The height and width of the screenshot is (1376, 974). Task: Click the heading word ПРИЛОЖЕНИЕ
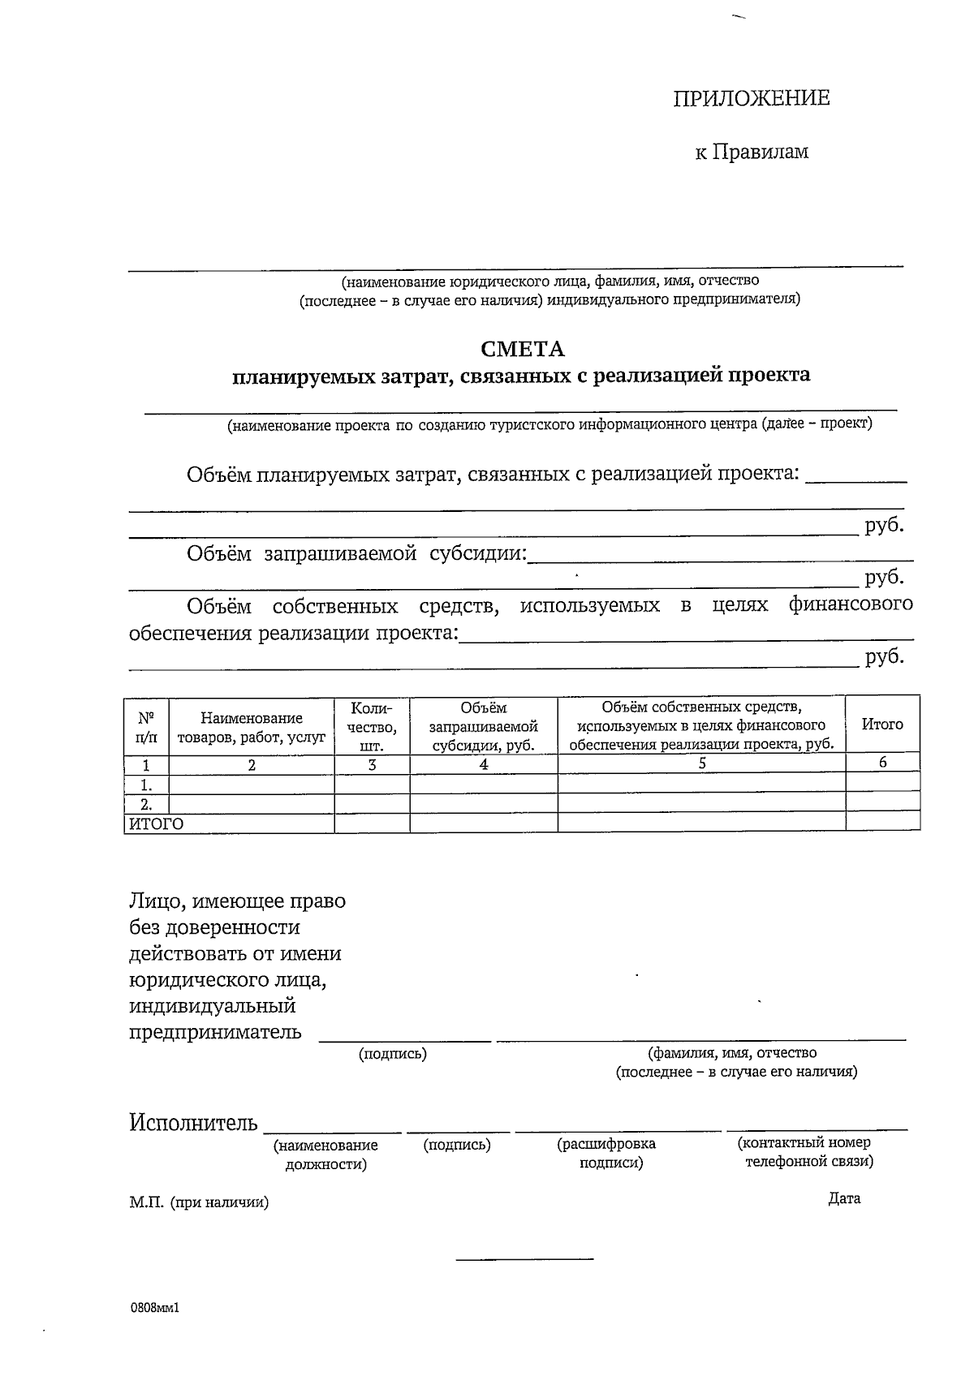pyautogui.click(x=751, y=98)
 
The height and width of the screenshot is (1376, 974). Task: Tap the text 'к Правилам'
pyautogui.click(x=751, y=152)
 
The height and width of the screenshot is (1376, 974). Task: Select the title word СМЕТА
pyautogui.click(x=522, y=349)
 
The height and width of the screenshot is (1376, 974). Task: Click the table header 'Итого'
pyautogui.click(x=882, y=724)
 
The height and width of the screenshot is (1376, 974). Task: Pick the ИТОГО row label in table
pyautogui.click(x=154, y=823)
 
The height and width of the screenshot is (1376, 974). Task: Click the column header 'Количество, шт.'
pyautogui.click(x=372, y=725)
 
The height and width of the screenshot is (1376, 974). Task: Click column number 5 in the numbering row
pyautogui.click(x=701, y=763)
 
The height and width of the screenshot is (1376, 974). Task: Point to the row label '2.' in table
pyautogui.click(x=146, y=804)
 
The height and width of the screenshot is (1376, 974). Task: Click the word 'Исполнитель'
pyautogui.click(x=193, y=1123)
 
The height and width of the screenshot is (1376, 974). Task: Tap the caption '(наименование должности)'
pyautogui.click(x=325, y=1155)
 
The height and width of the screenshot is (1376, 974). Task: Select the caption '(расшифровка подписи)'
pyautogui.click(x=606, y=1153)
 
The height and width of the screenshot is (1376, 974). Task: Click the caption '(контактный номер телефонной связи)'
pyautogui.click(x=805, y=1152)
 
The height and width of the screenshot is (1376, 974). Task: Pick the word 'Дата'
pyautogui.click(x=844, y=1198)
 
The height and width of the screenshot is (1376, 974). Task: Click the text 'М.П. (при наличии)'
pyautogui.click(x=198, y=1202)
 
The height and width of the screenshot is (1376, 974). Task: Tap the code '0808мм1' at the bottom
pyautogui.click(x=153, y=1308)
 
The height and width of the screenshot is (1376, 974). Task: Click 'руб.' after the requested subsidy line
pyautogui.click(x=884, y=577)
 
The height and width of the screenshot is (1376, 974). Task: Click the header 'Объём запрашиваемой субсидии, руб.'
pyautogui.click(x=483, y=725)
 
